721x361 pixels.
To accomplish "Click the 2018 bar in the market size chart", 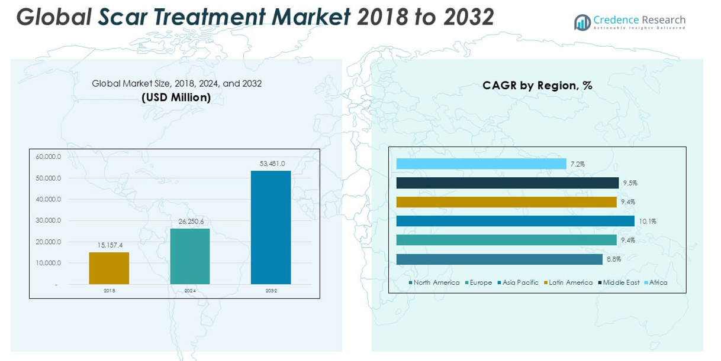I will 109,268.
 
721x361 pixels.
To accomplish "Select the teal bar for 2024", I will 189,256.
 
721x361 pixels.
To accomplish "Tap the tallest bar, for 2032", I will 271,227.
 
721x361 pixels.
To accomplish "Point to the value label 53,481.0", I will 272,164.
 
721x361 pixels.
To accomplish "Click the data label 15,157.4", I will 109,245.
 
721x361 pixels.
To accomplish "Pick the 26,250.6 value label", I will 191,222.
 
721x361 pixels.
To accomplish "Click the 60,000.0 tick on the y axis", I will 49,157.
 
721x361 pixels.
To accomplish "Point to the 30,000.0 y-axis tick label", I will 49,220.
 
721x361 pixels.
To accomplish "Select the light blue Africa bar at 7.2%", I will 481,164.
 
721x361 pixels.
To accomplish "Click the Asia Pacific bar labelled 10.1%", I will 515,221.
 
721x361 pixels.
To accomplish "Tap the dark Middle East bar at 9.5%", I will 507,183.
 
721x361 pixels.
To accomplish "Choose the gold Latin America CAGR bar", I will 506,202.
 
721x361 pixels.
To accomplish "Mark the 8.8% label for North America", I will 613,259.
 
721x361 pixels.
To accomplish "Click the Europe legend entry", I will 480,282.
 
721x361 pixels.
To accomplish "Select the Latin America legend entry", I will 570,282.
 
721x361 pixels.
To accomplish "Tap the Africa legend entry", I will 658,282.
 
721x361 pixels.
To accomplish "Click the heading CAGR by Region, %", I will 537,85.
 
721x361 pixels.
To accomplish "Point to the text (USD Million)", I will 176,97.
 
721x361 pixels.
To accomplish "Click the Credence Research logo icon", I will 582,22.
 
